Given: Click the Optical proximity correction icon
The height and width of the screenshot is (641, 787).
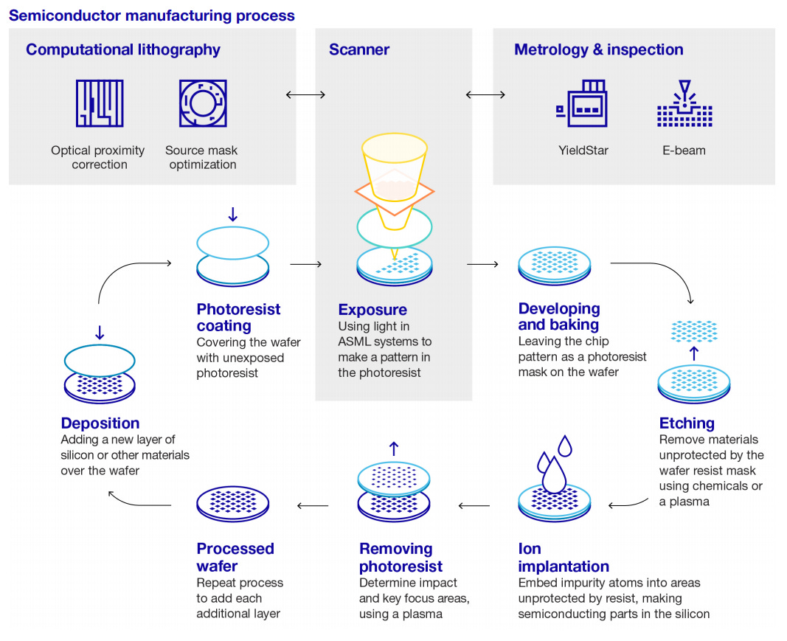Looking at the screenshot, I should point(99,104).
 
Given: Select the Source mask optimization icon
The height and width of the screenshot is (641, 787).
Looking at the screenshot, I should point(202,104).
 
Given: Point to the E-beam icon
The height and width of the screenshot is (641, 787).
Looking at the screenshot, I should point(684,104).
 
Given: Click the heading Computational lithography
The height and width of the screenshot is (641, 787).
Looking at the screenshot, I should point(122,50).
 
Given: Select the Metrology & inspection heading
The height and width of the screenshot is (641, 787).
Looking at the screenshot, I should point(598,50).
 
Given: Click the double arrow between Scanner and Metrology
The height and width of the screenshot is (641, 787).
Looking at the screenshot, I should point(485,94).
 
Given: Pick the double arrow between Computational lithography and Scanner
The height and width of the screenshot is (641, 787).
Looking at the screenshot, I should point(305,94).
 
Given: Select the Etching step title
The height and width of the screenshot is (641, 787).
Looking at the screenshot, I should point(686,423).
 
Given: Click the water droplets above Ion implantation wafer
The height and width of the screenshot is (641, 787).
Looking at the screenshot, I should point(555,465).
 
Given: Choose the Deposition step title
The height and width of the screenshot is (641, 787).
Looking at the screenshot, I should point(100,423).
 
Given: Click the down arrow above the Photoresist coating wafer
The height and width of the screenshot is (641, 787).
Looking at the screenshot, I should point(233,215).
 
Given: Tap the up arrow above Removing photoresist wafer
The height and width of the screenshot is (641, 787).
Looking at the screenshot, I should point(394,448).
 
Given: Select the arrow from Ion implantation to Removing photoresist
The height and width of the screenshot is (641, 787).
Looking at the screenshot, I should point(474,506).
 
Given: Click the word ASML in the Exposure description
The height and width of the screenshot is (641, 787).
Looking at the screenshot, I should point(356,342).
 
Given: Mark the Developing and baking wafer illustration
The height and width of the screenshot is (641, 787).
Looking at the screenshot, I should point(553,266).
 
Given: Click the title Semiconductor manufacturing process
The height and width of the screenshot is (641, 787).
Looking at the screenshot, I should point(151,15).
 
